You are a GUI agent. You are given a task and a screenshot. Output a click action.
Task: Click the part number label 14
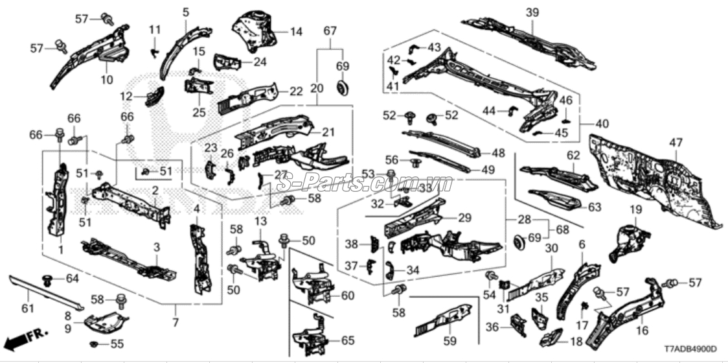[x=296, y=32]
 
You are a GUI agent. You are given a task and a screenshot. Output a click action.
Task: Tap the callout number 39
[x=532, y=13]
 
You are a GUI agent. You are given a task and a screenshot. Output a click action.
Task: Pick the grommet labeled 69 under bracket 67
[x=342, y=86]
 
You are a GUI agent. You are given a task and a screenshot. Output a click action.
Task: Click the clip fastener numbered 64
[x=47, y=280]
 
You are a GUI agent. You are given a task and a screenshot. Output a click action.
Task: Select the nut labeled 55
[x=93, y=344]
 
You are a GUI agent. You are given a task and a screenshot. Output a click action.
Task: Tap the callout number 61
[x=28, y=307]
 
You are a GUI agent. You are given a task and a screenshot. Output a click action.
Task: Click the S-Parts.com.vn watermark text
[x=364, y=183]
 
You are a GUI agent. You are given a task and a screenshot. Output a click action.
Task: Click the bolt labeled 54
[x=490, y=276]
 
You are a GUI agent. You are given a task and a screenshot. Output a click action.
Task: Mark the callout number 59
[x=449, y=342]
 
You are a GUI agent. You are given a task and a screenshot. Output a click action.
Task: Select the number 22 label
[x=296, y=91]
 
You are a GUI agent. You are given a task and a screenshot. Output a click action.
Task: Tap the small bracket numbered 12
[x=155, y=96]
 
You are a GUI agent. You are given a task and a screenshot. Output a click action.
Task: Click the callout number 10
[x=107, y=80]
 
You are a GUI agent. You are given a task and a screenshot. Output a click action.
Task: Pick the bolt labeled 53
[x=391, y=175]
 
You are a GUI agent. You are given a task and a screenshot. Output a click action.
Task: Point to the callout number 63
[x=595, y=207]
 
